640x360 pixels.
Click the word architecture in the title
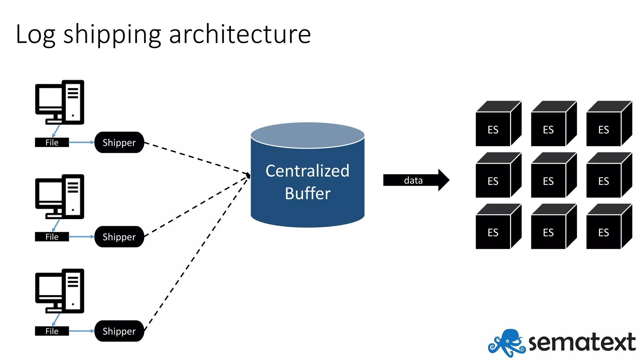coord(240,34)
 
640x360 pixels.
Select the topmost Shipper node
coord(119,142)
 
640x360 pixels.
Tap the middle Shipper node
coord(119,237)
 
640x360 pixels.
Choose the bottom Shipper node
coord(119,331)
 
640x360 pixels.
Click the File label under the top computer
coord(52,142)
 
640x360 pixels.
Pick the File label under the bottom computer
coord(52,331)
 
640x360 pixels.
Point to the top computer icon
coord(60,102)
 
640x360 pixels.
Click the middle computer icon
coord(60,197)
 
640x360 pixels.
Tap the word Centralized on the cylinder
coord(307,171)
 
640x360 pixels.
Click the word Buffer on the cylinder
coord(307,193)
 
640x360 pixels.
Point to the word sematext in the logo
coord(582,342)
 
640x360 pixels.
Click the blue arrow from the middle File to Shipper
coord(81,237)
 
